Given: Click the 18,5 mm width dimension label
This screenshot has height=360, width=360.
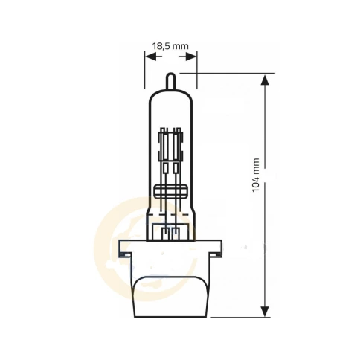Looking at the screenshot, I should [x=170, y=46].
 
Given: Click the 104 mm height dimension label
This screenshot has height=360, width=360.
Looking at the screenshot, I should [x=256, y=177].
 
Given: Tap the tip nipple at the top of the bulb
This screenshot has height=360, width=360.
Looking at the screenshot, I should [x=170, y=79].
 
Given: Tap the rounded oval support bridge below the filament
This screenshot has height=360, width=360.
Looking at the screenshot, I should [x=171, y=190].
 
